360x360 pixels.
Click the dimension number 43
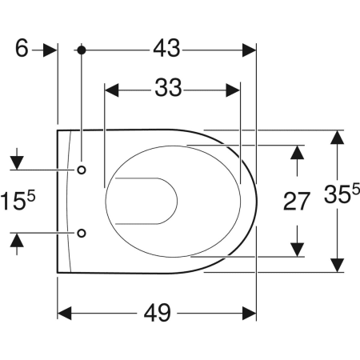point(166,49)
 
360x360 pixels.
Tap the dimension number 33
point(168,88)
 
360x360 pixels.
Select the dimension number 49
point(158,313)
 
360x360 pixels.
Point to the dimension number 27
point(296,202)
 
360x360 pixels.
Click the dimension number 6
point(22,48)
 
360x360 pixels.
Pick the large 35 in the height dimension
point(338,194)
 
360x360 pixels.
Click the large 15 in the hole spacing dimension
point(13,201)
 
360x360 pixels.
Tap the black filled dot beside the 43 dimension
point(82,50)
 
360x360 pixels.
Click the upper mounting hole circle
point(82,170)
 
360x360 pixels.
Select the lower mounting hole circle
point(82,233)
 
